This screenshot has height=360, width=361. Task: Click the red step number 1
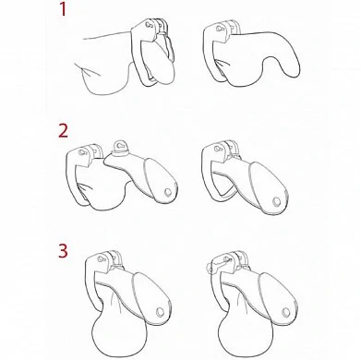pos(63,9)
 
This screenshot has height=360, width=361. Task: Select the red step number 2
pos(63,131)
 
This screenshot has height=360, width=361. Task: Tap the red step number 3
pos(63,251)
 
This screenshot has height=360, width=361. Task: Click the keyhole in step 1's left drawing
pos(148,25)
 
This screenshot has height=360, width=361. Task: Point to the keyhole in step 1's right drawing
pos(219,30)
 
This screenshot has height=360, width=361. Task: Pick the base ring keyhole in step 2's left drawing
pos(82,152)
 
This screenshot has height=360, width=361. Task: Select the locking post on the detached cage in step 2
pos(120,146)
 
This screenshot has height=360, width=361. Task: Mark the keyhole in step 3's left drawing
pos(101,258)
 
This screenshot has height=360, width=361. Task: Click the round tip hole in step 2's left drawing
pos(168,192)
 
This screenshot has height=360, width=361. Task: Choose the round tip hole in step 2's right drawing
pos(276,202)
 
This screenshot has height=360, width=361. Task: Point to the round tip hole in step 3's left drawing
pos(161,312)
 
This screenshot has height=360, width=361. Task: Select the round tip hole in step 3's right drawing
pos(286,313)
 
